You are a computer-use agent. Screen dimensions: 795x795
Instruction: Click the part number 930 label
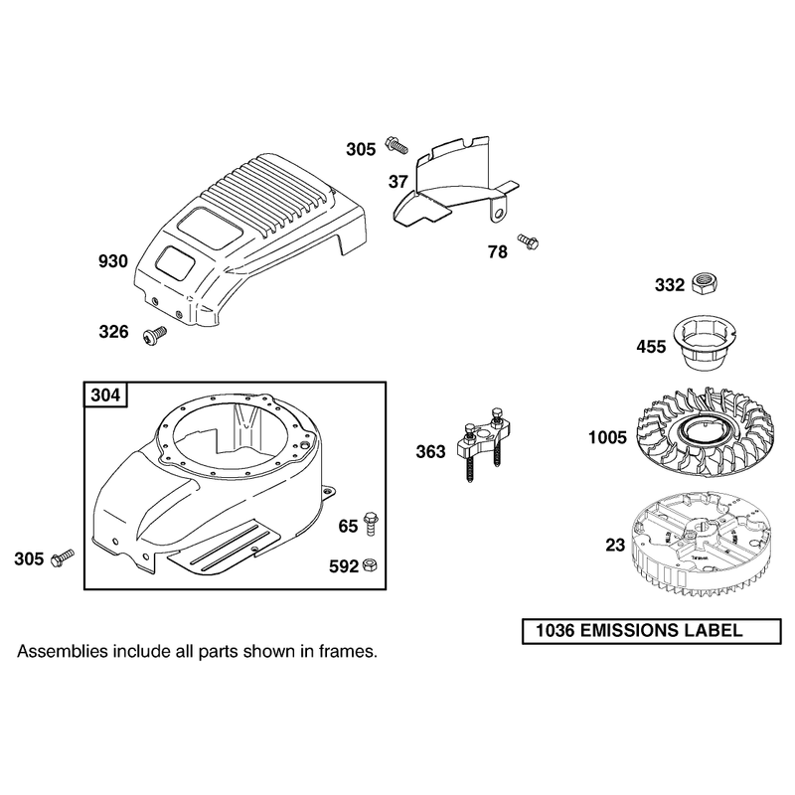(x=113, y=261)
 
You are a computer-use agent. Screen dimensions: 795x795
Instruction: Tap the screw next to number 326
(x=155, y=336)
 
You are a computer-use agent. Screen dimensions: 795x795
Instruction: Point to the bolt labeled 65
(x=371, y=523)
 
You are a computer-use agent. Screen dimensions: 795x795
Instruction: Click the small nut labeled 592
(x=371, y=564)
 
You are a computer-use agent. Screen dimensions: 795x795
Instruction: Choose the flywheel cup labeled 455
(x=704, y=346)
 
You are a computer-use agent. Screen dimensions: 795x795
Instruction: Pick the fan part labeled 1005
(x=706, y=430)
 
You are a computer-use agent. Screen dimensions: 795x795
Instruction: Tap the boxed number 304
(x=105, y=395)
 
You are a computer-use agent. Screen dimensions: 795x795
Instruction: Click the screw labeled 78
(x=528, y=241)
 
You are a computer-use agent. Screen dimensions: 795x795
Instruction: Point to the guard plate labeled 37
(x=455, y=182)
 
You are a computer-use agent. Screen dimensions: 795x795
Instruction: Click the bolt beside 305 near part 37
(x=397, y=144)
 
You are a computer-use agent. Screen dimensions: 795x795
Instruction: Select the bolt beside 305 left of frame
(x=63, y=557)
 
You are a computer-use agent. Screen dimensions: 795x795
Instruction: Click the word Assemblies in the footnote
(x=63, y=651)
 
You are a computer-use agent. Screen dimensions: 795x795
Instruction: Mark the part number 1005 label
(x=607, y=437)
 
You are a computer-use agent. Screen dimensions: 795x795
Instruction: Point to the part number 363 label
(x=430, y=451)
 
